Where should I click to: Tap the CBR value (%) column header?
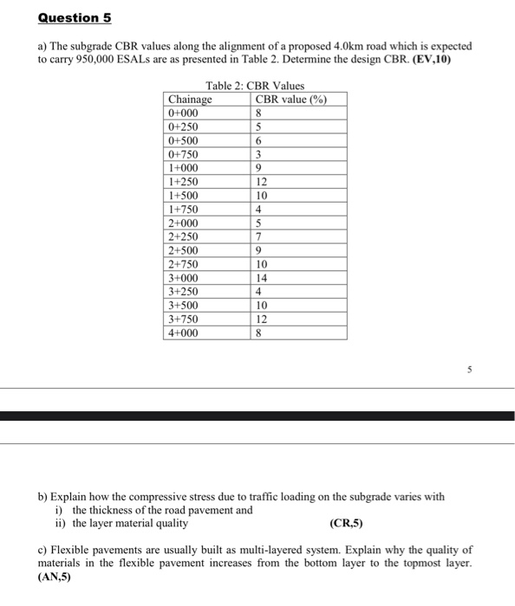tap(290, 100)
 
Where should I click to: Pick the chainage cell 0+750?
tap(184, 155)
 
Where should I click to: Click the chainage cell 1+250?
tap(184, 183)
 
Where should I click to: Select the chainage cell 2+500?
tap(184, 251)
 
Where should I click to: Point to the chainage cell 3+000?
tap(184, 278)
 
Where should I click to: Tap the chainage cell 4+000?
tap(184, 333)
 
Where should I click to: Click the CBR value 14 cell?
tap(262, 278)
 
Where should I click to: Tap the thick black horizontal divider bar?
tap(257, 416)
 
